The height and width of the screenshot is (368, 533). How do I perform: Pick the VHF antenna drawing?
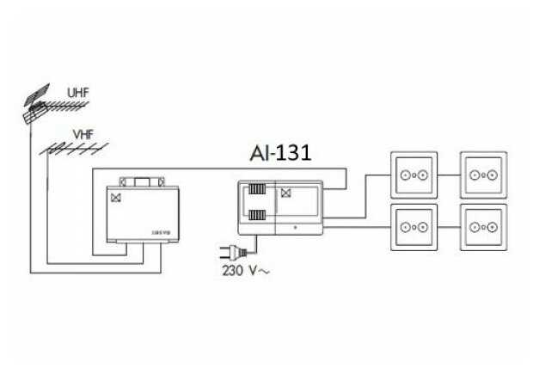coord(64,149)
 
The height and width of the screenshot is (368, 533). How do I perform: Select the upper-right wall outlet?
coord(482,175)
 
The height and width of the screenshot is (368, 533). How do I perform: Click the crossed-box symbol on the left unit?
coord(114,197)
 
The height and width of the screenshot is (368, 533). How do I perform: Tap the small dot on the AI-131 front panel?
coord(295,228)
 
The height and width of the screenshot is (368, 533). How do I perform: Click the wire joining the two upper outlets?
coord(448,175)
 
